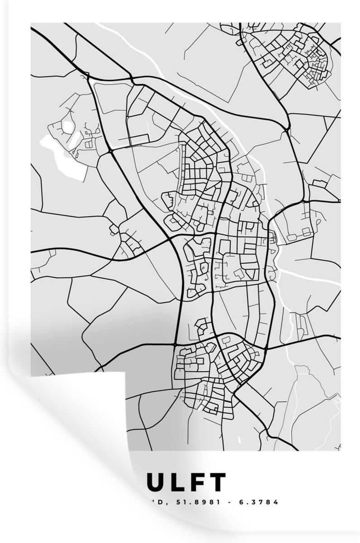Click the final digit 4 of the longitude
pos(276,502)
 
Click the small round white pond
pos(67,126)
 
